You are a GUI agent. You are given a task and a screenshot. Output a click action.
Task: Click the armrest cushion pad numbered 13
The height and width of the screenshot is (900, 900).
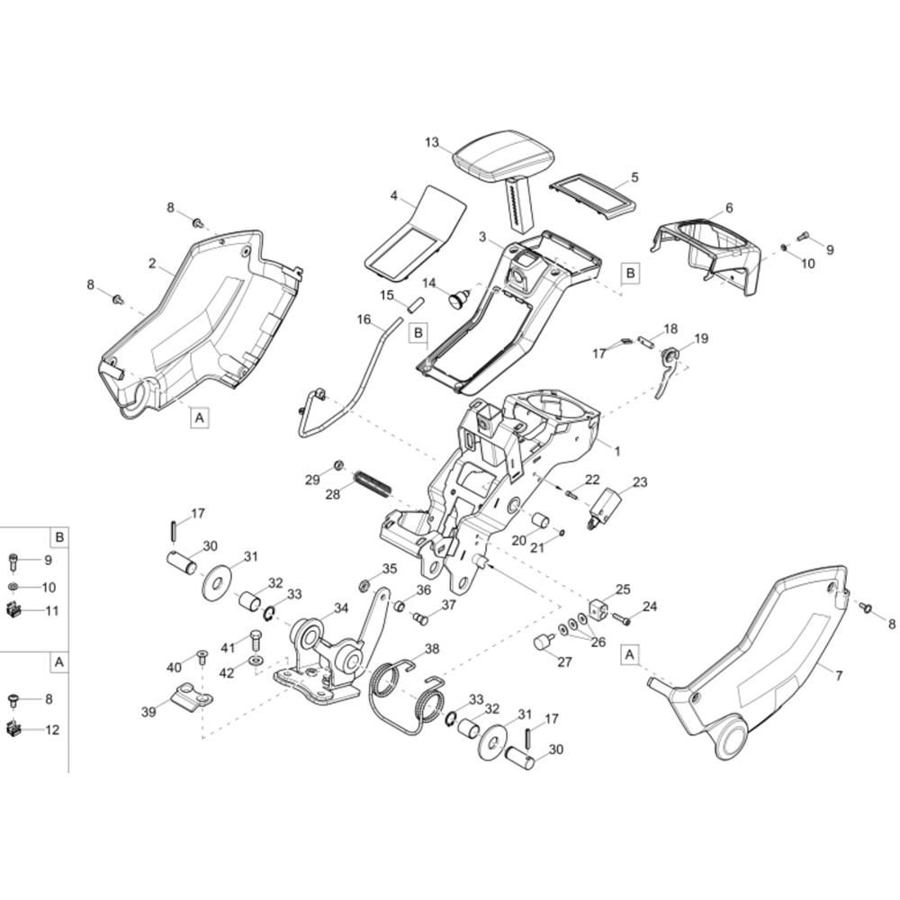coord(504,154)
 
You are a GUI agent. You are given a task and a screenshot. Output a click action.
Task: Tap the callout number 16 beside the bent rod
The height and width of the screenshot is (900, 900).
coord(364,319)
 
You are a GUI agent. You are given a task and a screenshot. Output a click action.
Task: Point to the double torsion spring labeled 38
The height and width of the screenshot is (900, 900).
coord(408,696)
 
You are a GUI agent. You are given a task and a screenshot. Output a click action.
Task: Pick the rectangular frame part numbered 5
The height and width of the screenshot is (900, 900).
coord(593,197)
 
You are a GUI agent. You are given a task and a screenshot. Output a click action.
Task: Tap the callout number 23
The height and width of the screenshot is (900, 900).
coord(640,481)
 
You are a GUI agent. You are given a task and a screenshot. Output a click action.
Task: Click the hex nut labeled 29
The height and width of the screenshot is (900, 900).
coord(338,465)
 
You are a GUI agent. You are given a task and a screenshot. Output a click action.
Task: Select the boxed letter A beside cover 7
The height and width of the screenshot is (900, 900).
coord(630,654)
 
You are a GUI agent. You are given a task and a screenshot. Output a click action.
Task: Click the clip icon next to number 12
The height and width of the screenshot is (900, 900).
coord(13,730)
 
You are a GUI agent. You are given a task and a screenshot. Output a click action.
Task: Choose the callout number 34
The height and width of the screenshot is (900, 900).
coord(341,607)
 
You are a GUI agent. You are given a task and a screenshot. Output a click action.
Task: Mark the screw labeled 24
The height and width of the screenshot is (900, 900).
coord(621,619)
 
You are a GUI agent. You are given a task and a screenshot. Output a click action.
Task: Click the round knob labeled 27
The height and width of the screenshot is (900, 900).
coord(543,641)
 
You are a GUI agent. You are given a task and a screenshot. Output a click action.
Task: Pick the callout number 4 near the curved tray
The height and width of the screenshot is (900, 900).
coord(394,196)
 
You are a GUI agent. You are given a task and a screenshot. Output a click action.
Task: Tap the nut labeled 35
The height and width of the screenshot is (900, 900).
coord(364,586)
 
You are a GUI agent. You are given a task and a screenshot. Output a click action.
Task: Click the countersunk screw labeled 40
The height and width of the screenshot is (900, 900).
coord(202,657)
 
